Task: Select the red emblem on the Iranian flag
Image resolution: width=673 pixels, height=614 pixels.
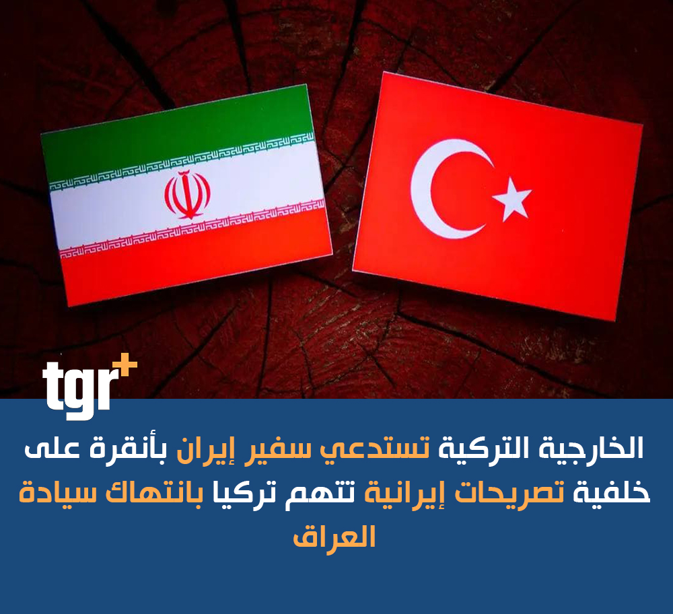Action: pyautogui.click(x=188, y=194)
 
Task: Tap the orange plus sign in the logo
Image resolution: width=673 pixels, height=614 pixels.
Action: pyautogui.click(x=125, y=365)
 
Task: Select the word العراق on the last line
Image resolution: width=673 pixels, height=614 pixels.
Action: pyautogui.click(x=334, y=537)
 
